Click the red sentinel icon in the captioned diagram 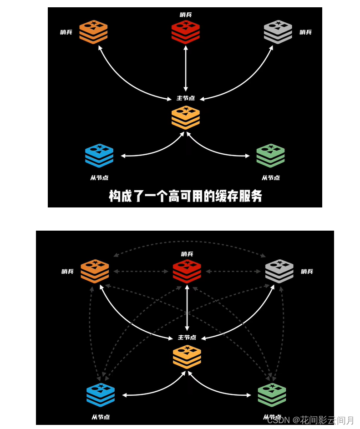[x=185, y=32]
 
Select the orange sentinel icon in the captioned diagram [x=93, y=32]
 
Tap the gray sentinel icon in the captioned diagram [x=278, y=32]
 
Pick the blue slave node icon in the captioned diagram [x=99, y=156]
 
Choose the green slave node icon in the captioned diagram [x=270, y=156]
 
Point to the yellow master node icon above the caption [x=185, y=117]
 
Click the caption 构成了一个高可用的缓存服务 [x=185, y=196]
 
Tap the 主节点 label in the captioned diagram [x=185, y=98]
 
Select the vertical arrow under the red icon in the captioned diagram [x=185, y=68]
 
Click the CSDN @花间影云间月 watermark [x=310, y=420]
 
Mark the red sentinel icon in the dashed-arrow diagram [x=187, y=271]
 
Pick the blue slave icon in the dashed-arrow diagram [x=100, y=395]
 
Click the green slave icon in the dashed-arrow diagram [x=272, y=395]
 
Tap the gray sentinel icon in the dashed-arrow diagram [x=279, y=271]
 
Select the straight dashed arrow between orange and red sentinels [x=141, y=272]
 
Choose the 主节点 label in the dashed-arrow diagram [x=187, y=338]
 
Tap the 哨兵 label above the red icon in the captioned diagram [x=185, y=15]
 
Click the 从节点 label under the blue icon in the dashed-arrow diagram [x=100, y=417]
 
